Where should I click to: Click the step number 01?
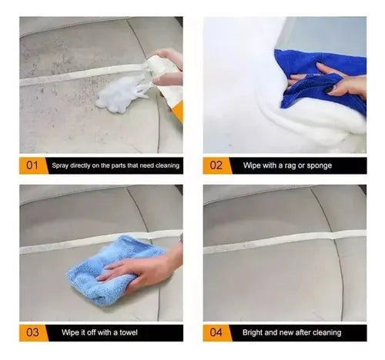tap(32, 165)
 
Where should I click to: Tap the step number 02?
tap(216, 165)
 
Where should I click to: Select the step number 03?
tap(32, 332)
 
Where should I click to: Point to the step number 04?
tap(216, 332)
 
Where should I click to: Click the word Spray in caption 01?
tap(60, 165)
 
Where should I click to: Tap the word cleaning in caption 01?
tap(167, 165)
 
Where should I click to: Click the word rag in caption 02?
tap(289, 166)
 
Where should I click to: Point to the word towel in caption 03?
tap(129, 332)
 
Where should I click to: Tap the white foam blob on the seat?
tap(119, 95)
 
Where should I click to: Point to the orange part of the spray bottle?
tap(178, 111)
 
